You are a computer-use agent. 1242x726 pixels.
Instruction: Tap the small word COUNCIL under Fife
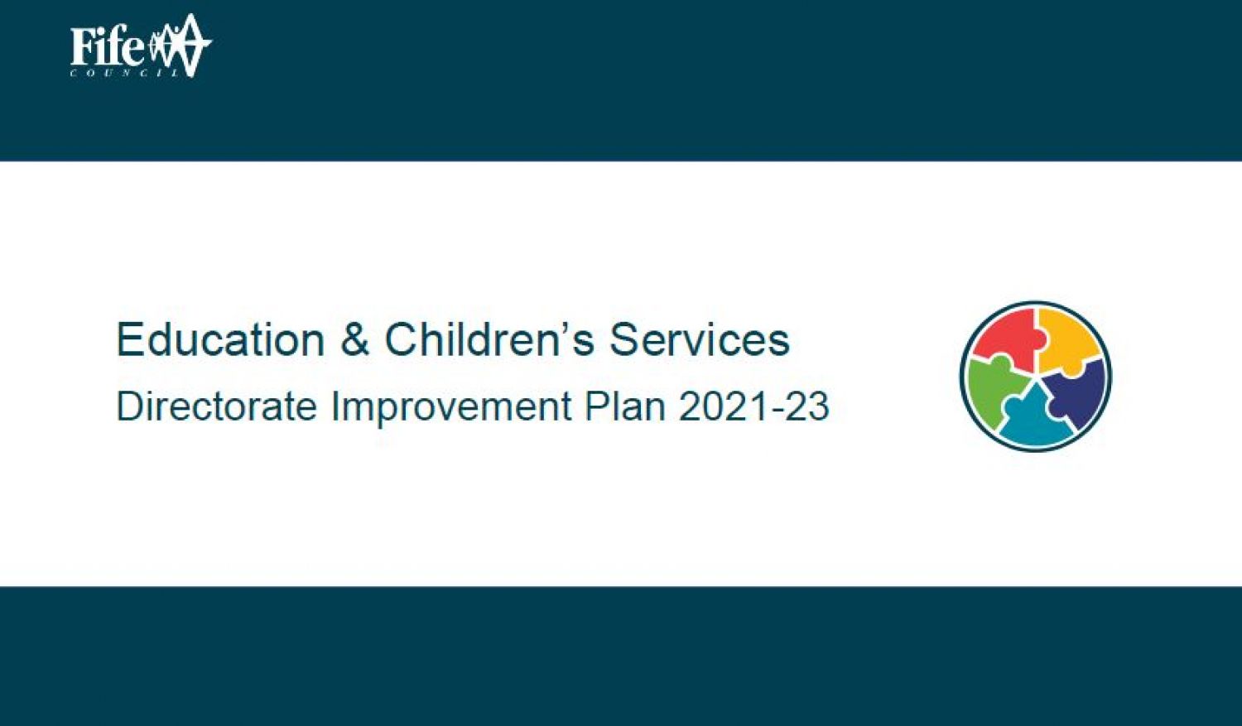pyautogui.click(x=125, y=73)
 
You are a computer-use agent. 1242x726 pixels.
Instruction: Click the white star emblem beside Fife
pyautogui.click(x=180, y=45)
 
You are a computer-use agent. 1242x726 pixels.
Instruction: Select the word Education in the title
pyautogui.click(x=220, y=339)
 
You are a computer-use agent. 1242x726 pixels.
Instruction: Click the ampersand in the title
pyautogui.click(x=354, y=339)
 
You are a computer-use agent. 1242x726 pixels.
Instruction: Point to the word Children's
pyautogui.click(x=489, y=339)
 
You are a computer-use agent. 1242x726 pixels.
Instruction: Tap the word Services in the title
pyautogui.click(x=700, y=339)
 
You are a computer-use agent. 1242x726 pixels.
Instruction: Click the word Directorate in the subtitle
pyautogui.click(x=216, y=406)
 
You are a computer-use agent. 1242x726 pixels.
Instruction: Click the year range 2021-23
pyautogui.click(x=753, y=406)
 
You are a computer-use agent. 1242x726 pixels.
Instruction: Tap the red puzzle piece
pyautogui.click(x=1004, y=339)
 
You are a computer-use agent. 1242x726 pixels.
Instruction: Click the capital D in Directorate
pyautogui.click(x=130, y=406)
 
